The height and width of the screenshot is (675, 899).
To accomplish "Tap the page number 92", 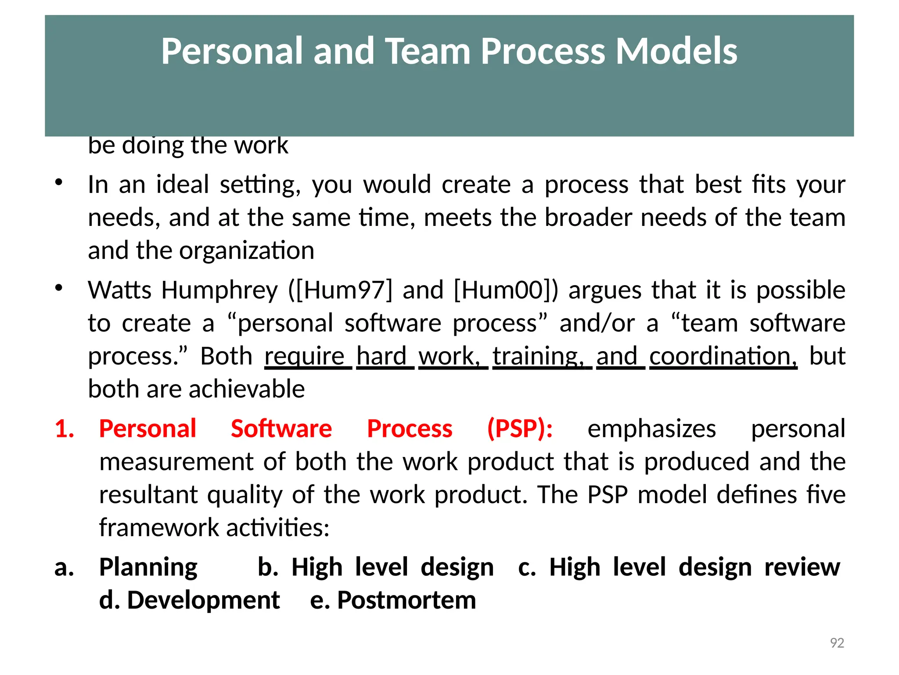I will (x=837, y=643).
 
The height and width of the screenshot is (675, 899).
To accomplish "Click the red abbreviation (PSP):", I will (x=520, y=428).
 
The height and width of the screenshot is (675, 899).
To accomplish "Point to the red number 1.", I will (x=64, y=428).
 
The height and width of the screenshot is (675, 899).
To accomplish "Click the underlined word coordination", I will (x=723, y=356).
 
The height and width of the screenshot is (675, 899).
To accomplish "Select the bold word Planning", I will (x=148, y=567).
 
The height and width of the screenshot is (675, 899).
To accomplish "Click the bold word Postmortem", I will (x=406, y=600).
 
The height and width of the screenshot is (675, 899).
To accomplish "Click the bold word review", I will (x=802, y=567).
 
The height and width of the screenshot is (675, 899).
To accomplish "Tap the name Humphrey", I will (x=219, y=290).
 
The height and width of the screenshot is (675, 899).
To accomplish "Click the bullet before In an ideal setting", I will (x=59, y=182).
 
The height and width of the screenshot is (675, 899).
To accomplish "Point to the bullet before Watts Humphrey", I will (x=59, y=288).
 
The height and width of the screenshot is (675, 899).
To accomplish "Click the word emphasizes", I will (x=651, y=428).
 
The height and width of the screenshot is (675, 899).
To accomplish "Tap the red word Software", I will (x=281, y=428).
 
